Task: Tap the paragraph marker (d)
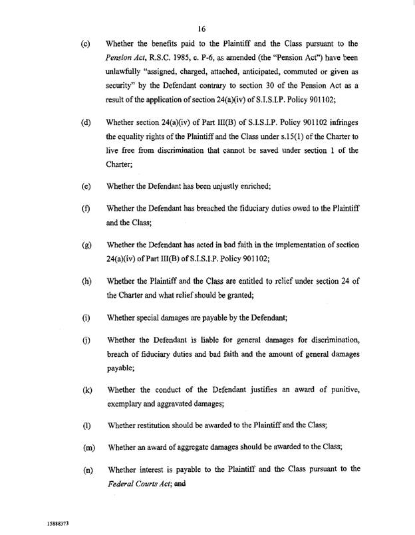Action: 85,122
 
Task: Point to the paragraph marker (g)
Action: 85,247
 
